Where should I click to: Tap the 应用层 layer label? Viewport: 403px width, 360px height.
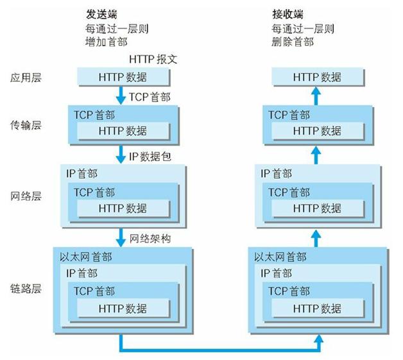[x=26, y=78]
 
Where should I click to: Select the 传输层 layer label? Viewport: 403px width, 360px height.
[x=26, y=124]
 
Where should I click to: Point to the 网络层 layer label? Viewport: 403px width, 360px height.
[x=26, y=196]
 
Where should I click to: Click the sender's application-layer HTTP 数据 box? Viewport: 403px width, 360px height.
[x=123, y=77]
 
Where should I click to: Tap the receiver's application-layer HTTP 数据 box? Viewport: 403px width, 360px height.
[x=317, y=77]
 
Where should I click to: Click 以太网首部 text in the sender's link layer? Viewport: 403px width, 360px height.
[x=86, y=257]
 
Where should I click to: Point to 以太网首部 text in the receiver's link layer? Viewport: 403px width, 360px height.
[x=280, y=257]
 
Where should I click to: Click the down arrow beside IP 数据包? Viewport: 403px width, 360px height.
[x=120, y=155]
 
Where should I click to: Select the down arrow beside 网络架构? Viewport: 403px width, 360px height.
[x=120, y=237]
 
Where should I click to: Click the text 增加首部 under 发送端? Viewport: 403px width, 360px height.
[x=107, y=42]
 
